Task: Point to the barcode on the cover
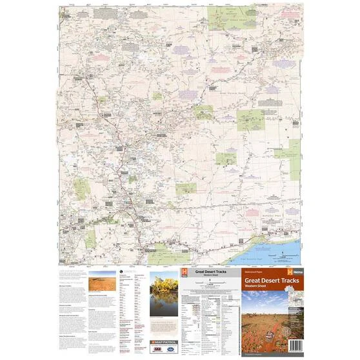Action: coord(292,346)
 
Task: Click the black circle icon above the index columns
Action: coord(120,273)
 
